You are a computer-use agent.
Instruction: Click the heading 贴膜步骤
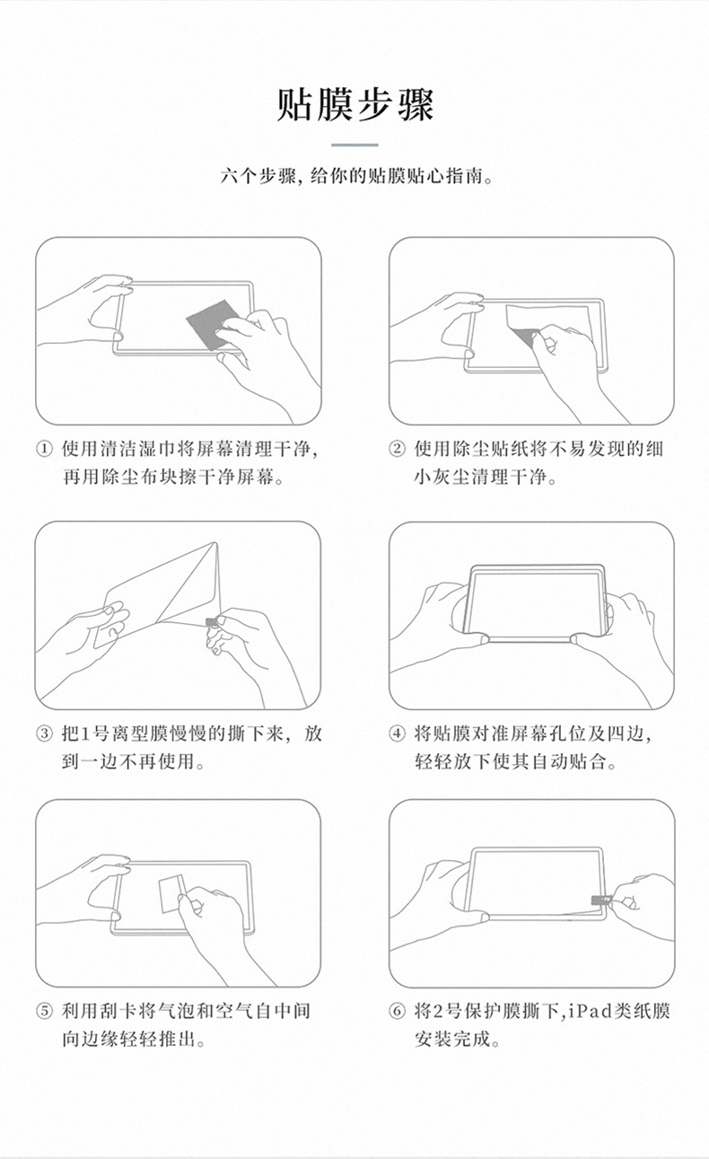point(355,105)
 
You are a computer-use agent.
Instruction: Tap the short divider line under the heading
point(355,145)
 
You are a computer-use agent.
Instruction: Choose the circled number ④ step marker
point(397,734)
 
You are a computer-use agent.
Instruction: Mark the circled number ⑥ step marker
point(397,1012)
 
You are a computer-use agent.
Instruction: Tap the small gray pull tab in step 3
point(212,621)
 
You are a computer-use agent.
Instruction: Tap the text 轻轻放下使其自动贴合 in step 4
point(516,763)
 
